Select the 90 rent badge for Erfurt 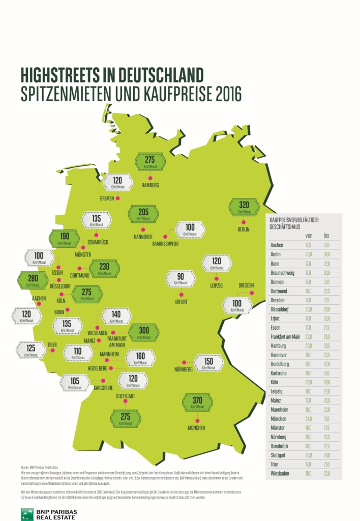181,279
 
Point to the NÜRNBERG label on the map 182,369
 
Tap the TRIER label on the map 52,344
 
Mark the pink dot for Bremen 118,198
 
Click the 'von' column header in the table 308,236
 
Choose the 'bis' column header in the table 326,236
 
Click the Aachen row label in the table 277,245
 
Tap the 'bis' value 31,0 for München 326,419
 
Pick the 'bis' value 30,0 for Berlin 326,254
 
